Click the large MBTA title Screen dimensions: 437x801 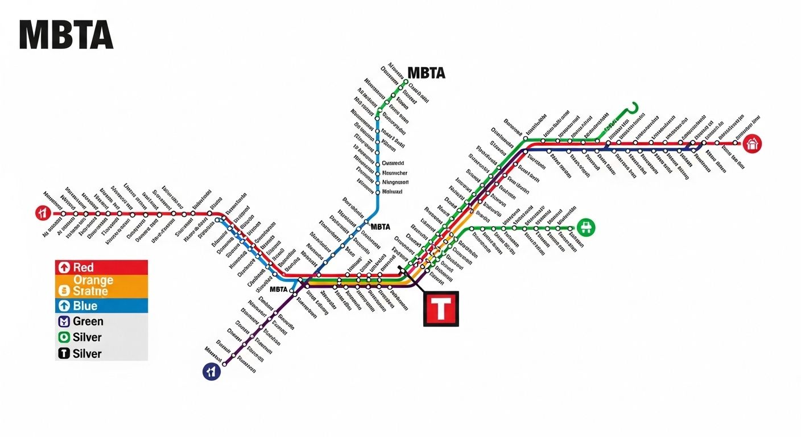66,35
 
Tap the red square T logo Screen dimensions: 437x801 440,309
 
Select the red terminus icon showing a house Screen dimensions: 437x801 753,143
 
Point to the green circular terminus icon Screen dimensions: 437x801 585,228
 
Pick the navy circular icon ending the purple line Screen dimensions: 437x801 211,372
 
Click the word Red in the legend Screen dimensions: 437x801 83,267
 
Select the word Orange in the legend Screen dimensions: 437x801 93,280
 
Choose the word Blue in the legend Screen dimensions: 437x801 85,306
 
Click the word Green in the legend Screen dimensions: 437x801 88,321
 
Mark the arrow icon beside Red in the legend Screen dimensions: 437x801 64,267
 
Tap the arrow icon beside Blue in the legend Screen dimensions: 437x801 64,306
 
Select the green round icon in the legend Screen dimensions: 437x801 64,337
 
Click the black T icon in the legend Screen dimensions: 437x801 64,353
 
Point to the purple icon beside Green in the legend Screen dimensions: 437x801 64,321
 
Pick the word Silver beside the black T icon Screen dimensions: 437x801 87,353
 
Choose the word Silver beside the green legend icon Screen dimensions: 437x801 87,337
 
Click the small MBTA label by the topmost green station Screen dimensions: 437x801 427,73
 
